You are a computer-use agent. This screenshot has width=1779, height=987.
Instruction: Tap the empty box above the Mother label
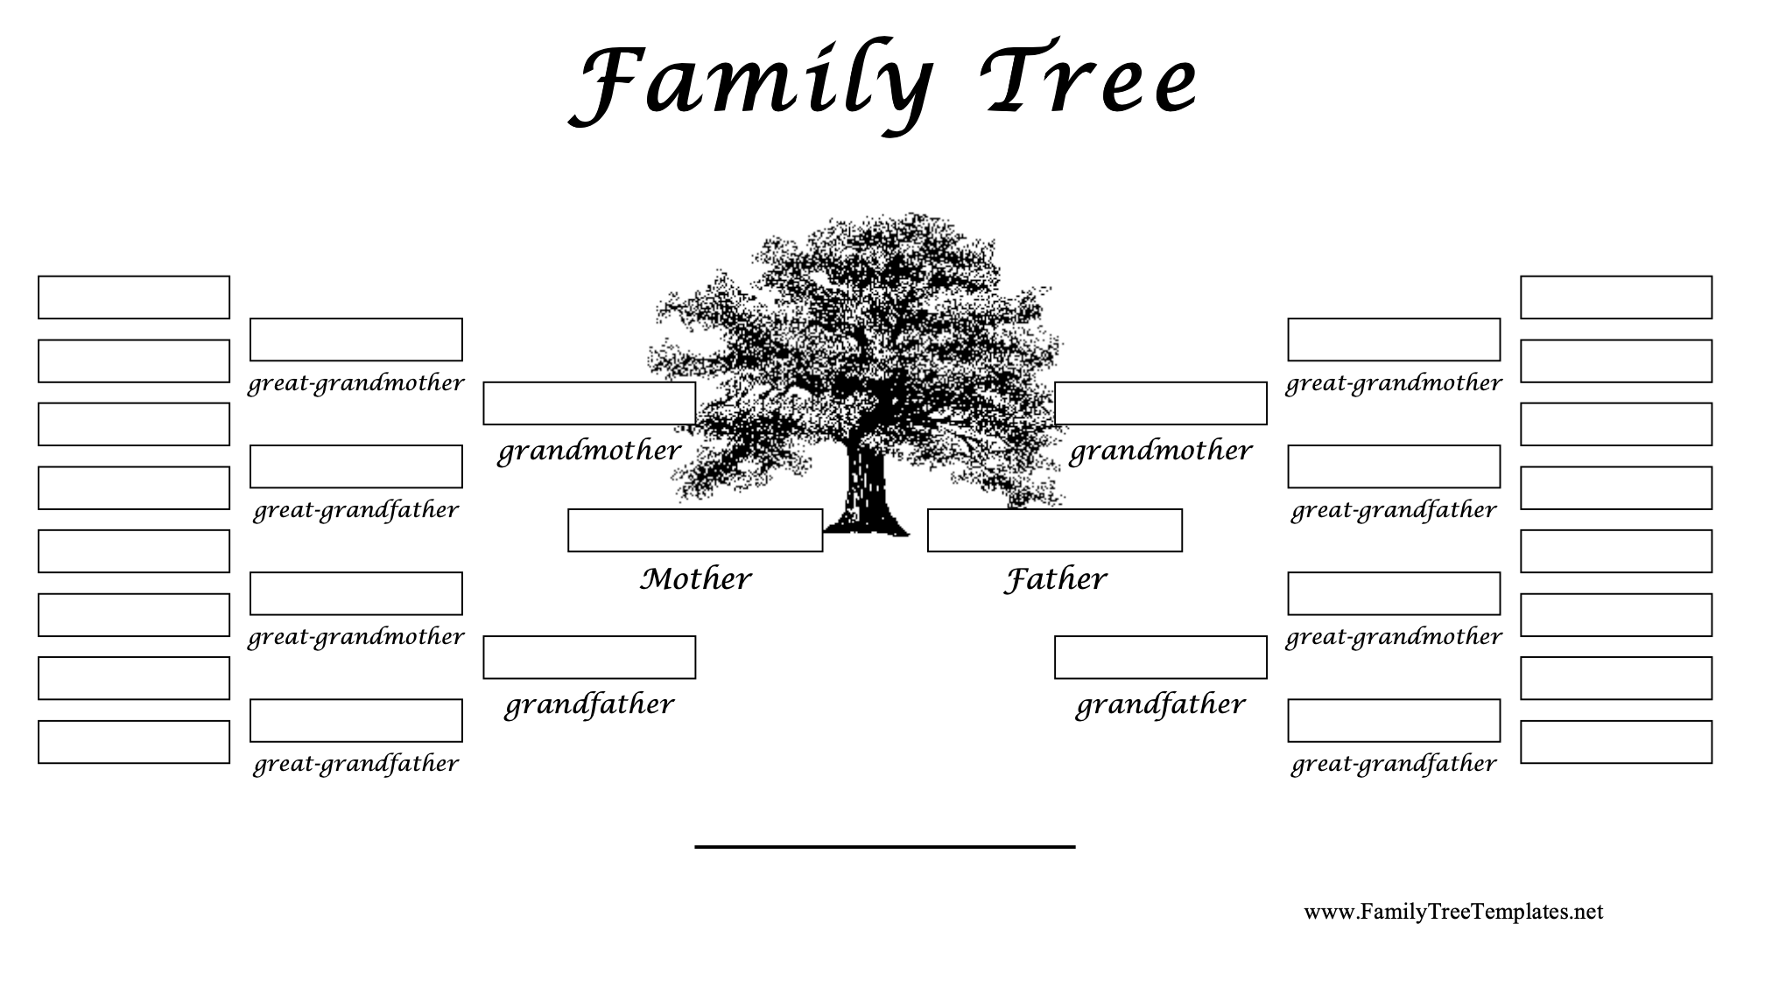pos(694,530)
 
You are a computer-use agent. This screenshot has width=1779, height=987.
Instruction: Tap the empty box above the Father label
pos(1054,530)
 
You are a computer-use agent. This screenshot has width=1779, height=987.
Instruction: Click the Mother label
pos(695,579)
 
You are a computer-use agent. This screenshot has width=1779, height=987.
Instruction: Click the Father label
pos(1055,579)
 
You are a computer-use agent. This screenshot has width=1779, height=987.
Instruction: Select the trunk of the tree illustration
pos(865,494)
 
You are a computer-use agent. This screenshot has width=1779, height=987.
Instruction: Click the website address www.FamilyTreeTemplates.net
pos(1453,912)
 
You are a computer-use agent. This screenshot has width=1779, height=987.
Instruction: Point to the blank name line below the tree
pos(884,845)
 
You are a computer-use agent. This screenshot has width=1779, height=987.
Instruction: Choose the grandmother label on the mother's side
pos(588,451)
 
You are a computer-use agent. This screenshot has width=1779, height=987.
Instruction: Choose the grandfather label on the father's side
pos(1160,705)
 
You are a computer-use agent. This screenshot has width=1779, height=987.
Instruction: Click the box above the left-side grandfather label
pos(589,657)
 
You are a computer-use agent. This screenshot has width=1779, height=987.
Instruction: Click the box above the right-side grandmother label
pos(1160,403)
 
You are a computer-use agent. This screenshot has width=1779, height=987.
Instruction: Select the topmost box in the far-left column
pos(134,297)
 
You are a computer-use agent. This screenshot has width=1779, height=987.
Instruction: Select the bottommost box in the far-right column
pos(1615,742)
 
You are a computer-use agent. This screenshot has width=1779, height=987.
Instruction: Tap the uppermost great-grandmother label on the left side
pos(355,383)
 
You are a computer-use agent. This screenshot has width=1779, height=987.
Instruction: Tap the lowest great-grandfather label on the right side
pos(1393,764)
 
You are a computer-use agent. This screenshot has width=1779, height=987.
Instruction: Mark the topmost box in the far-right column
pos(1615,297)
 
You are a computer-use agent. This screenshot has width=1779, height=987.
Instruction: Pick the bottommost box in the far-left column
pos(134,742)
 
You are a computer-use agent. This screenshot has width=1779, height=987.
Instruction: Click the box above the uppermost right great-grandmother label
pos(1393,339)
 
